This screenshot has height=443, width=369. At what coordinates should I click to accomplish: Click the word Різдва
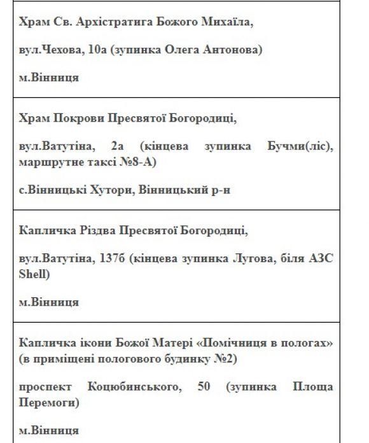[91, 230]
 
